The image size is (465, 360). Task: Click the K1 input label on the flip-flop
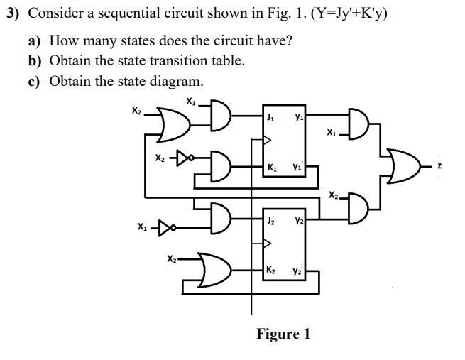(x=272, y=168)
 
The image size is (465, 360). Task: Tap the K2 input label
(x=271, y=270)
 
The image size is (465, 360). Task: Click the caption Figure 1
(x=283, y=334)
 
